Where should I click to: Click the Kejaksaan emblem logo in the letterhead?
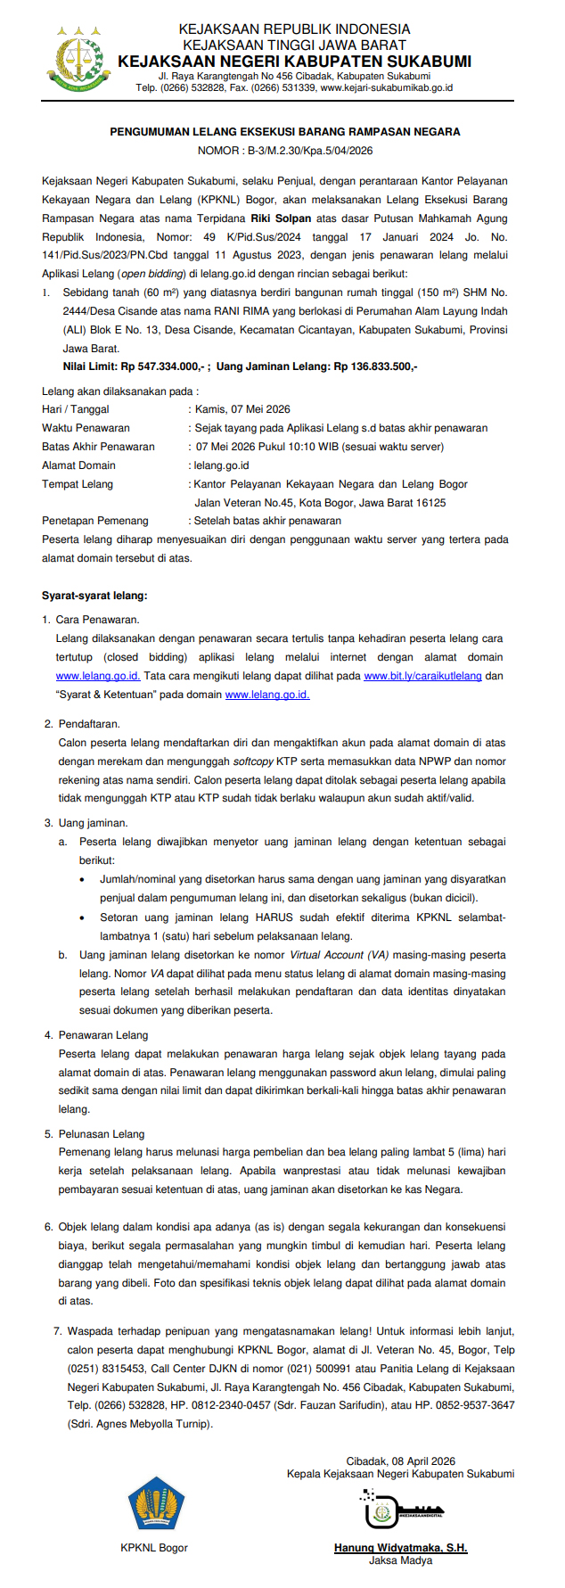[80, 60]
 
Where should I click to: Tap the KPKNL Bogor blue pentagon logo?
[155, 1503]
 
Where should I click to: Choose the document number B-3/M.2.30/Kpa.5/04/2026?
[309, 151]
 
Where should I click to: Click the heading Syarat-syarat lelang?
[94, 596]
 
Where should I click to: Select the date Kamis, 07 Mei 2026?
[242, 409]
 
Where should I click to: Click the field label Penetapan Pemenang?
[95, 521]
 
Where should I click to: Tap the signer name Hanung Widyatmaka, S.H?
[401, 1548]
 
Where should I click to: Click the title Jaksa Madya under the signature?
[400, 1560]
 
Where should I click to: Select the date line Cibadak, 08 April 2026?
[401, 1461]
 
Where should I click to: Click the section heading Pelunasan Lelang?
[101, 1134]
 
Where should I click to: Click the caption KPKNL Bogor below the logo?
[154, 1548]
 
